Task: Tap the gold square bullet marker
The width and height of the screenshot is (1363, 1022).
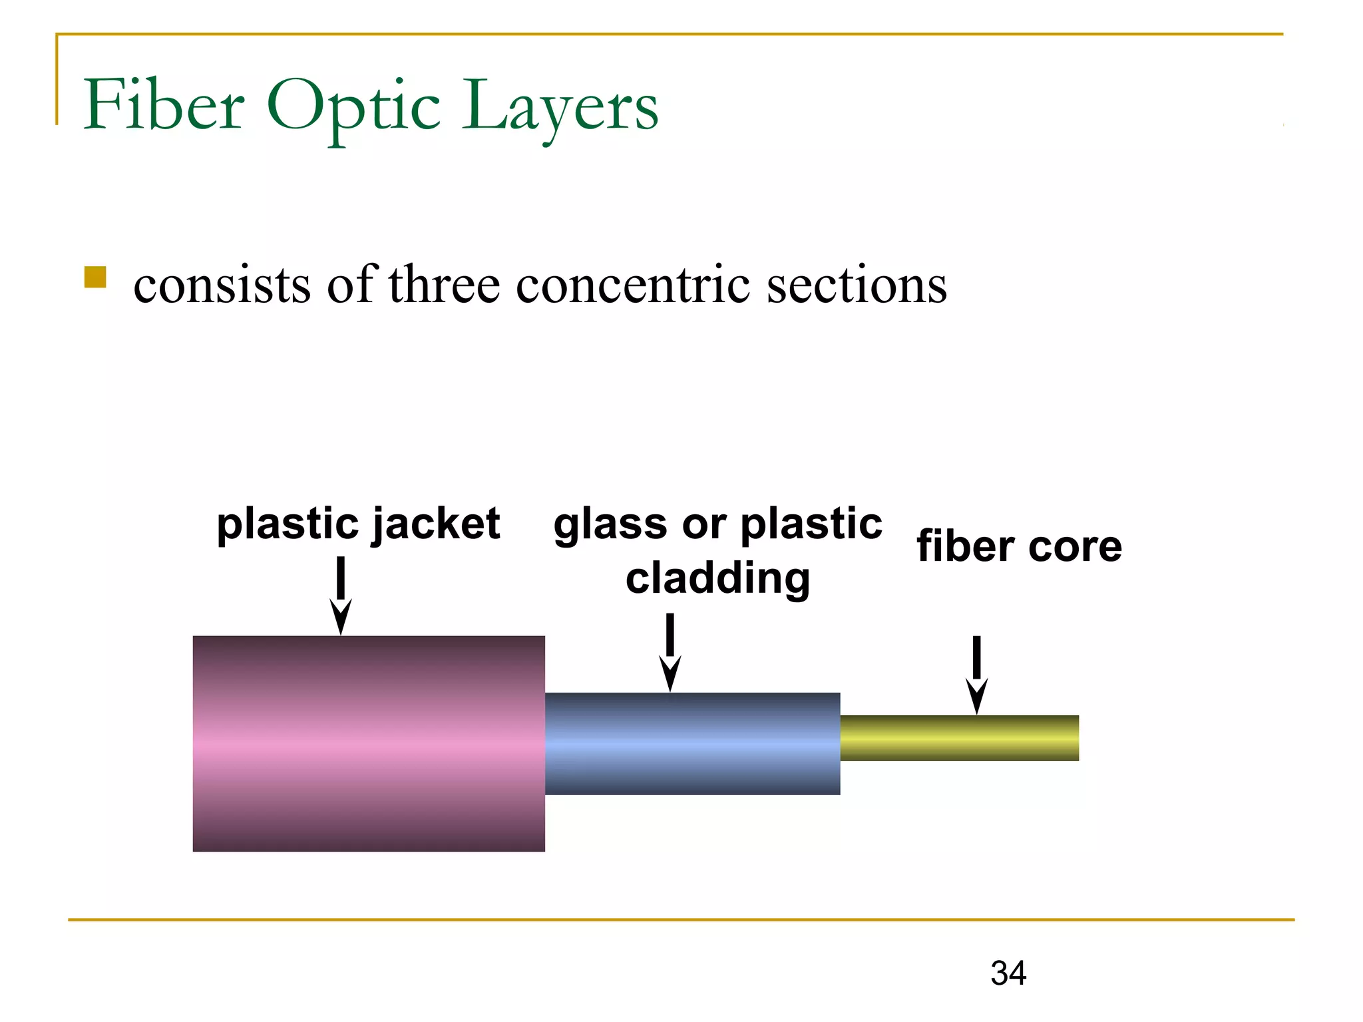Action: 95,277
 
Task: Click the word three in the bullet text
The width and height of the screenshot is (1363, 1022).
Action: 444,285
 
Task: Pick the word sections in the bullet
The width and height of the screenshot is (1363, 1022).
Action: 857,285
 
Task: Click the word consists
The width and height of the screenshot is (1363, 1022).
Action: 222,285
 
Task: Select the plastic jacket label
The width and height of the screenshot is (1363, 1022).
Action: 358,524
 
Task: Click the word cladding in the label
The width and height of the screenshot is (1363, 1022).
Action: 717,578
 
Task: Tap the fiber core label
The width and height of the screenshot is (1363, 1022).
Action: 1019,546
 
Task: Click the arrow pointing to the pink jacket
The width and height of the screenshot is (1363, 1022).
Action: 341,596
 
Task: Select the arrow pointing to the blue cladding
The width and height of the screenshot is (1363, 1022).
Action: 670,652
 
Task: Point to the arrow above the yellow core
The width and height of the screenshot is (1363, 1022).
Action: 976,675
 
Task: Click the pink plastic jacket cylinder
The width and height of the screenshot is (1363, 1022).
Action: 369,743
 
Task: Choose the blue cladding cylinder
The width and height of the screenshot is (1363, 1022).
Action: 692,743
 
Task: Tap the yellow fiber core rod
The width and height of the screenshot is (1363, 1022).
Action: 959,738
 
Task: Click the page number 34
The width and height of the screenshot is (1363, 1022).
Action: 1008,973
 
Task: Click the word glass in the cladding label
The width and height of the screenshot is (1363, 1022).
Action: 610,524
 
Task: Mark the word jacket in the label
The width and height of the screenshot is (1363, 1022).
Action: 436,524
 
